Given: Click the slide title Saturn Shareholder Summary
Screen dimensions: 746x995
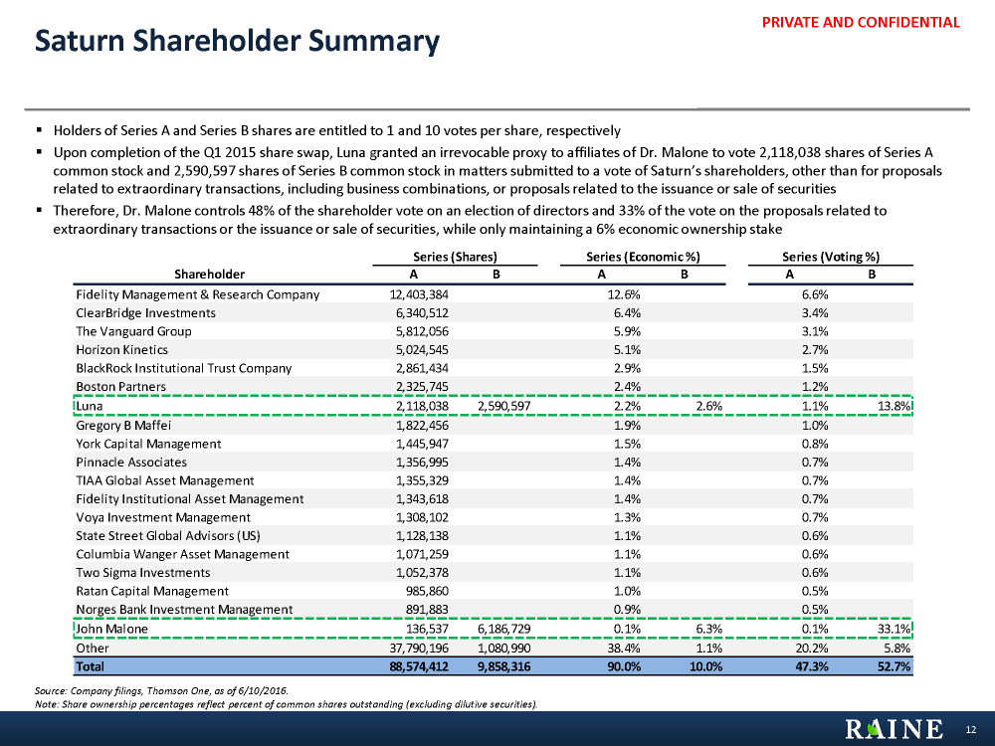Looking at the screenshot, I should pos(237,42).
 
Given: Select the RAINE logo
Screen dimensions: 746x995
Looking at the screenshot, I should pos(895,729).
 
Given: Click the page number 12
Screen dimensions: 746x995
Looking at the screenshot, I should pos(972,730).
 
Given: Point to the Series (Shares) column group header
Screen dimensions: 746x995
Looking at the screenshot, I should pos(455,256).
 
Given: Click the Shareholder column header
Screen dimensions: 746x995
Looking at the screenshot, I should pos(209,274).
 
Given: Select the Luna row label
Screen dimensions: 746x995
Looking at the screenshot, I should pos(91,406).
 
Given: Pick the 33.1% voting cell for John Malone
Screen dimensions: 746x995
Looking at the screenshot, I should pos(894,629).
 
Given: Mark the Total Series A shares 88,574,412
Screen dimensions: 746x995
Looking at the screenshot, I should pos(422,666).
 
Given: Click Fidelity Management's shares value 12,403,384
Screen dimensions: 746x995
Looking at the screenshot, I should pos(422,294).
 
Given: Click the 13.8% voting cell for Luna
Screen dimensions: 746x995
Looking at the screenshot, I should pos(894,406).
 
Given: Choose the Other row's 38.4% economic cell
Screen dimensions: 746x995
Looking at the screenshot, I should pos(624,648).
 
